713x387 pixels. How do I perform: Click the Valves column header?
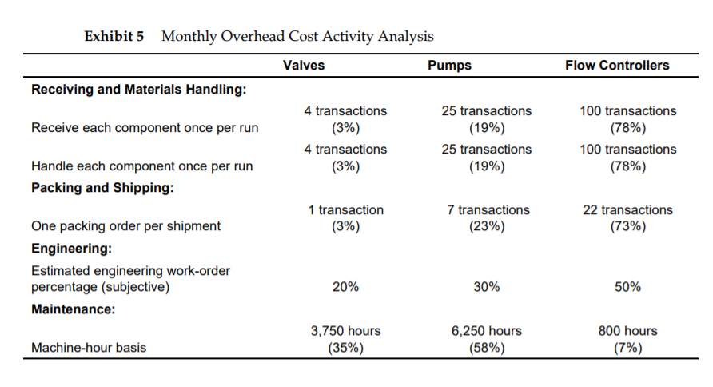coord(304,66)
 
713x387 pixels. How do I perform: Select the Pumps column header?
coord(450,66)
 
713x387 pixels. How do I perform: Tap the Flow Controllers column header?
coord(616,66)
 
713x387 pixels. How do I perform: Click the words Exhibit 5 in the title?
coord(114,36)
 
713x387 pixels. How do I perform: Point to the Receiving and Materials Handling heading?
coord(137,89)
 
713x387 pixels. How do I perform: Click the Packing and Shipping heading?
coord(102,188)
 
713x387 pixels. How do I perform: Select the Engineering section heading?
coord(71,249)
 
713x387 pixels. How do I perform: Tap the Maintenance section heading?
coord(74,309)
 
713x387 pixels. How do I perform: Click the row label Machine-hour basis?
coord(90,347)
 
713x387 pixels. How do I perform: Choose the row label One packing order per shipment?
coord(125,226)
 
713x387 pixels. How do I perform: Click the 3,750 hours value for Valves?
coord(345,331)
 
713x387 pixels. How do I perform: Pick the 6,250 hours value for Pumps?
coord(486,331)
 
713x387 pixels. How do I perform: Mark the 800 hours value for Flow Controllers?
coord(627,331)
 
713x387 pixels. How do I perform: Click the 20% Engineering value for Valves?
coord(345,287)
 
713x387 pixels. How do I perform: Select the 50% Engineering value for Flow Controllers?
coord(627,287)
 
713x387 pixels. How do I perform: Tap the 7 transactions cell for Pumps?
coord(486,210)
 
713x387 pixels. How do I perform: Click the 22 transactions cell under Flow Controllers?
coord(627,210)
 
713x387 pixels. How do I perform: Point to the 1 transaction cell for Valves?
coord(345,210)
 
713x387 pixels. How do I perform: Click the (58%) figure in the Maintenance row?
coord(486,347)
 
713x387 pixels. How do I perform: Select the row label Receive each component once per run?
coord(145,127)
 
